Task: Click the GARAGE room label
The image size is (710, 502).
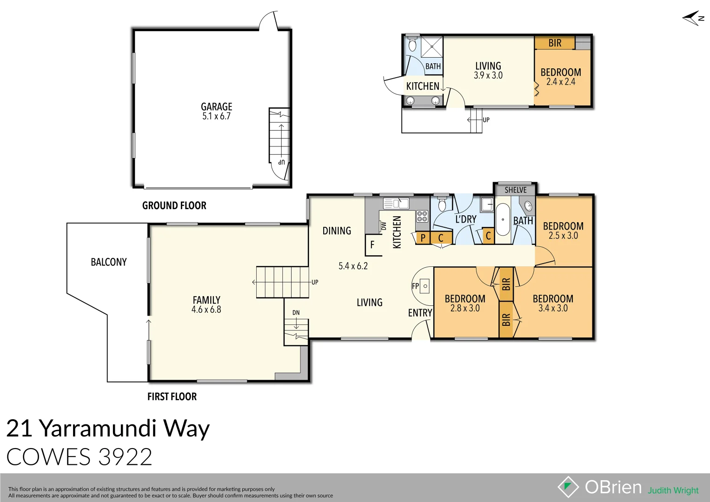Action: click(216, 106)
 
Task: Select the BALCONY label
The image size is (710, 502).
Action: click(108, 262)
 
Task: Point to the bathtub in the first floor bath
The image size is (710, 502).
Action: click(503, 220)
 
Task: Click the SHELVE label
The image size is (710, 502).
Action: click(515, 190)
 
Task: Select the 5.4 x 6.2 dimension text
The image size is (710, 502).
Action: click(353, 266)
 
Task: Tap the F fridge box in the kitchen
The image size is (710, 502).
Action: click(372, 244)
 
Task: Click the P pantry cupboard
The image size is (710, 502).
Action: click(423, 238)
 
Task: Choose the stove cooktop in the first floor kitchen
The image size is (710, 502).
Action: click(422, 216)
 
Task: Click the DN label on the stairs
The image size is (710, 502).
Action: click(296, 312)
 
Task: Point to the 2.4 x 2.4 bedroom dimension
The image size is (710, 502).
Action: click(561, 82)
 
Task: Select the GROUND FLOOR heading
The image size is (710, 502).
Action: click(174, 205)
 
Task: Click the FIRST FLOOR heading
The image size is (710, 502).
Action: click(172, 396)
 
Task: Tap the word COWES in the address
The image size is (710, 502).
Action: click(48, 457)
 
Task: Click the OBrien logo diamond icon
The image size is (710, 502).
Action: click(568, 487)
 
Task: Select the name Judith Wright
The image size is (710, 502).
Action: click(673, 490)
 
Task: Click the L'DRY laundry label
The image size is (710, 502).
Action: click(465, 219)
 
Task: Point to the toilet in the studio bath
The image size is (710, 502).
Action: click(412, 45)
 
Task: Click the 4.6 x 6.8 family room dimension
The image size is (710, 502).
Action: click(206, 310)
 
